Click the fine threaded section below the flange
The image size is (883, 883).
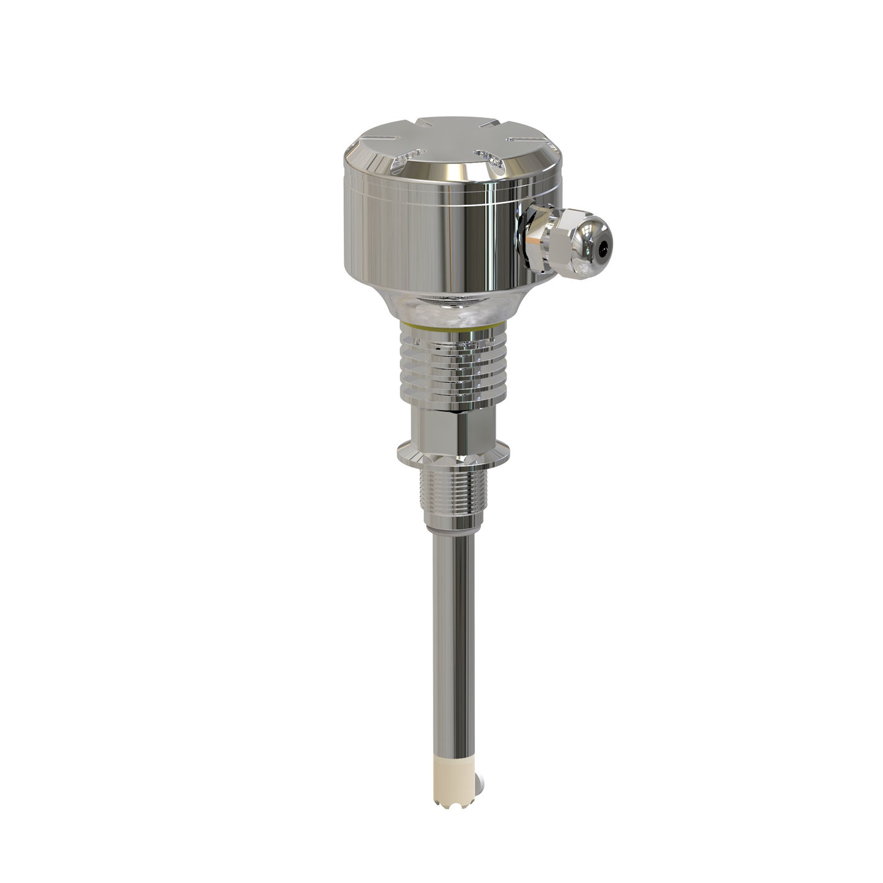(x=449, y=492)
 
